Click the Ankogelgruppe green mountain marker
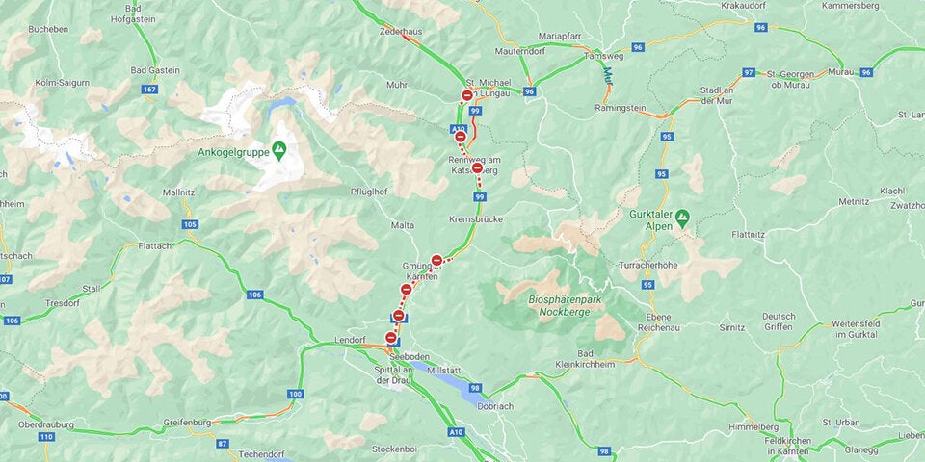coord(279,150)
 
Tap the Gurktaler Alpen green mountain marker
coord(682,218)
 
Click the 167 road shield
coord(148,90)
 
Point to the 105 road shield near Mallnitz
coord(190,224)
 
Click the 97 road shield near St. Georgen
coord(748,73)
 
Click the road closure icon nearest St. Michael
coord(467,95)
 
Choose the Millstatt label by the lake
coord(444,369)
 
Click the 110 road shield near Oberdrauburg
coord(46,436)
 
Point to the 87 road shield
coord(223,443)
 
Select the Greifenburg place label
coord(188,420)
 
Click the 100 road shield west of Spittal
coord(295,395)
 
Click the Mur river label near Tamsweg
coord(608,73)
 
